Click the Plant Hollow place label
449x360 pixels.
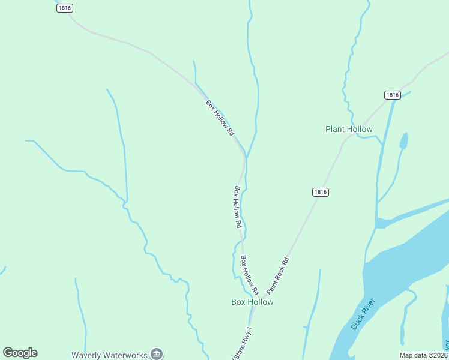click(349, 129)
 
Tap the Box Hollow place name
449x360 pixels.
click(252, 302)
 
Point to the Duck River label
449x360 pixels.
click(363, 314)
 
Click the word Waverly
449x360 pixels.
click(88, 355)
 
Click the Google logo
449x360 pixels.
click(20, 353)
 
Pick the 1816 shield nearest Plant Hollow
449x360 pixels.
click(392, 95)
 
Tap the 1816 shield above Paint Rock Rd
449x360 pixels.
click(321, 192)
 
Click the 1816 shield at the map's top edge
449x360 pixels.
click(65, 8)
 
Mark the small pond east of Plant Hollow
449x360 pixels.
click(403, 141)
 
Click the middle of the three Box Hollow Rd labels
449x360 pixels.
click(238, 206)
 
